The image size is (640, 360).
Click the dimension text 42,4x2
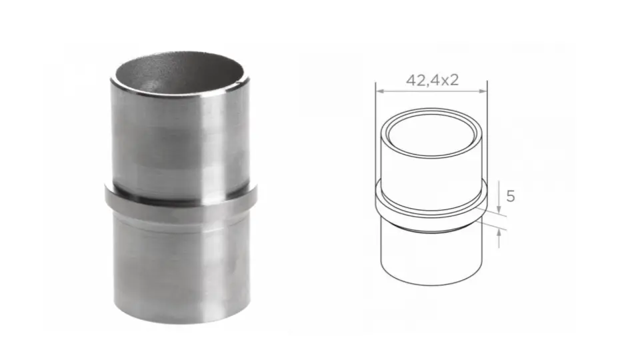(x=432, y=80)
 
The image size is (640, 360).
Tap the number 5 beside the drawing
(x=510, y=196)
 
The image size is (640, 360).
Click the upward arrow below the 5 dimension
(x=499, y=237)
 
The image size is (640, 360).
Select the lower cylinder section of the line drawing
(x=431, y=257)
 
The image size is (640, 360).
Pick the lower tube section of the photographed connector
(x=180, y=267)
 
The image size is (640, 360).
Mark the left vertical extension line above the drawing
(x=376, y=107)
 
